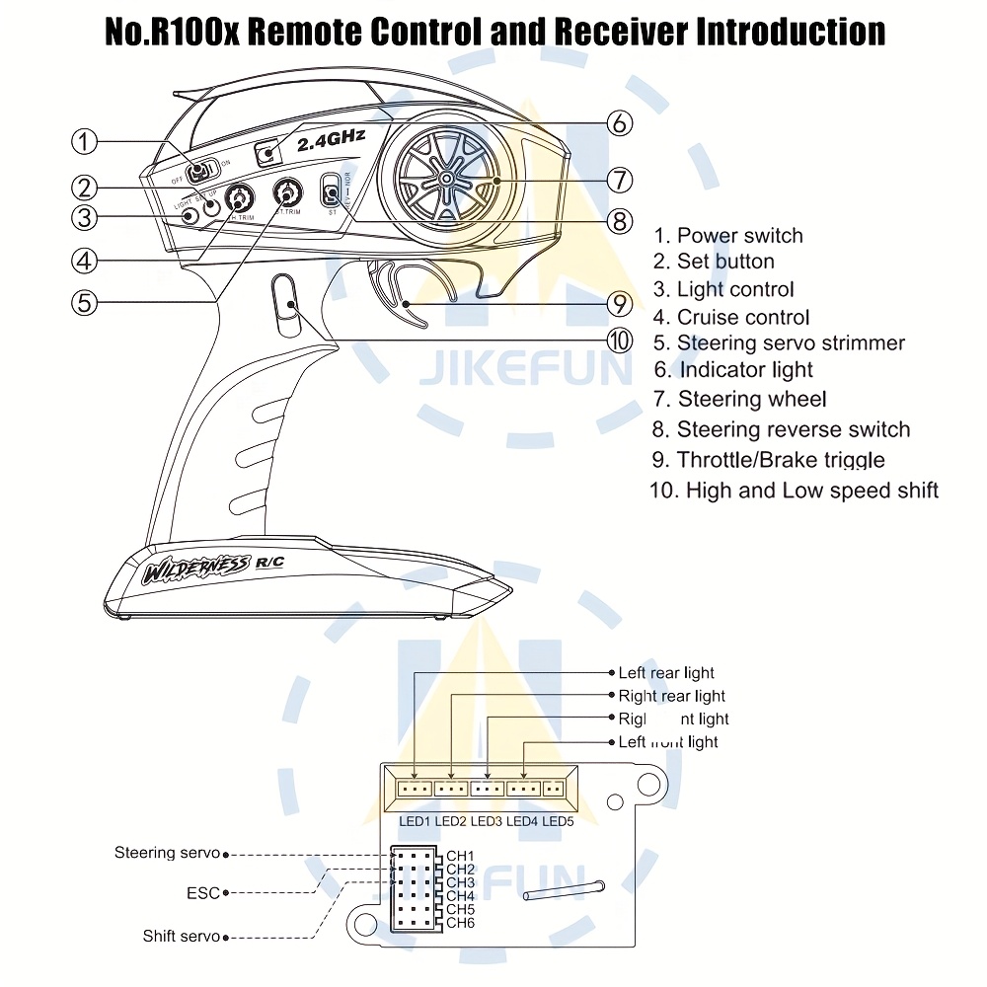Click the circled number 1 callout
(85, 141)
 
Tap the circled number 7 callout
(619, 181)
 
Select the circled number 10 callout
(619, 341)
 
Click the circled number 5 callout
(85, 301)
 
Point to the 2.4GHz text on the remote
(331, 141)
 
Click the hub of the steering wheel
(446, 179)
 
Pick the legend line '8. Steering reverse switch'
(781, 429)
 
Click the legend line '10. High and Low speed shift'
(794, 491)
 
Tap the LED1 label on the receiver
(415, 821)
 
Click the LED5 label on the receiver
(558, 821)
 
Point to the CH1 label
(460, 856)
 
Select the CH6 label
(460, 922)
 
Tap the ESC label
(202, 892)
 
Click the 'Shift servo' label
(182, 936)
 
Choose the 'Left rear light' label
(666, 673)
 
